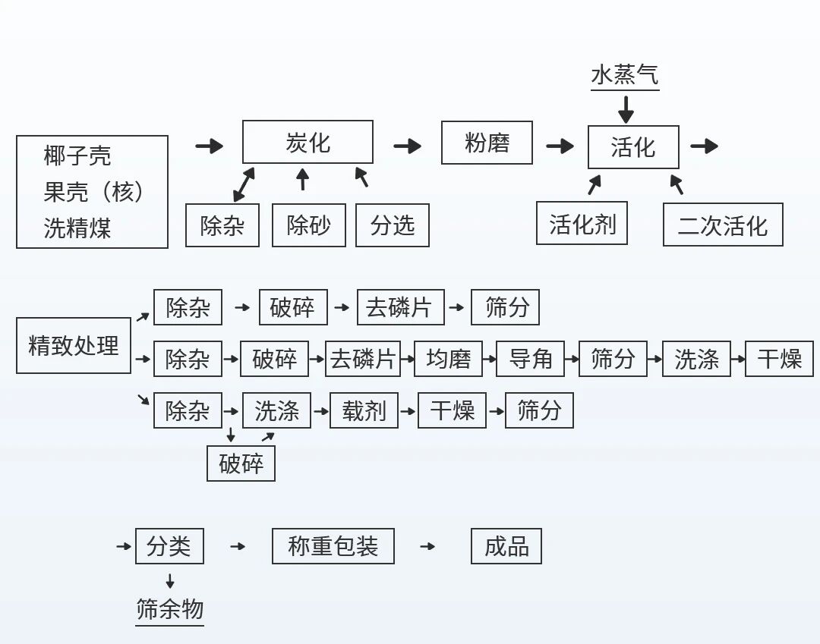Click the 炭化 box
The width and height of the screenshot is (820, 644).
(307, 142)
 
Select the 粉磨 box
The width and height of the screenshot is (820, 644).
(487, 143)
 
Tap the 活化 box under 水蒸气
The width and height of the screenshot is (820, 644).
(633, 147)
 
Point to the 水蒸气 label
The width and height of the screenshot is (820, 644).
(625, 75)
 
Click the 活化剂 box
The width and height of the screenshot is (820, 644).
(582, 224)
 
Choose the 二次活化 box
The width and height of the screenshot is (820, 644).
(722, 225)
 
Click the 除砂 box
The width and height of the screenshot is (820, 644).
(309, 225)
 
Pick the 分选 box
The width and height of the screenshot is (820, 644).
(393, 225)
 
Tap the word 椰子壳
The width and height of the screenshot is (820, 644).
(77, 156)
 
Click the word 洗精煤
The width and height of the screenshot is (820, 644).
(77, 228)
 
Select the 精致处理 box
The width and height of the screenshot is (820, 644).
(74, 346)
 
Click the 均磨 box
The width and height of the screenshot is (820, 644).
(448, 359)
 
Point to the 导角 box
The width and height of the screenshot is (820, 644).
(531, 359)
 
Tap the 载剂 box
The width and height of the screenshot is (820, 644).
(364, 411)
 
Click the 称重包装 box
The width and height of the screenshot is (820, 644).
(333, 546)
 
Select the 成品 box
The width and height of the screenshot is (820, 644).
(506, 546)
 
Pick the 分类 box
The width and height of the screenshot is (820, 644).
(169, 546)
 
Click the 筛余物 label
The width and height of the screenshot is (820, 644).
(170, 609)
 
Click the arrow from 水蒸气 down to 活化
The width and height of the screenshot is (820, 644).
(626, 110)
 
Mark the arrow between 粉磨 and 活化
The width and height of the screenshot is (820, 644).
(560, 146)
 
